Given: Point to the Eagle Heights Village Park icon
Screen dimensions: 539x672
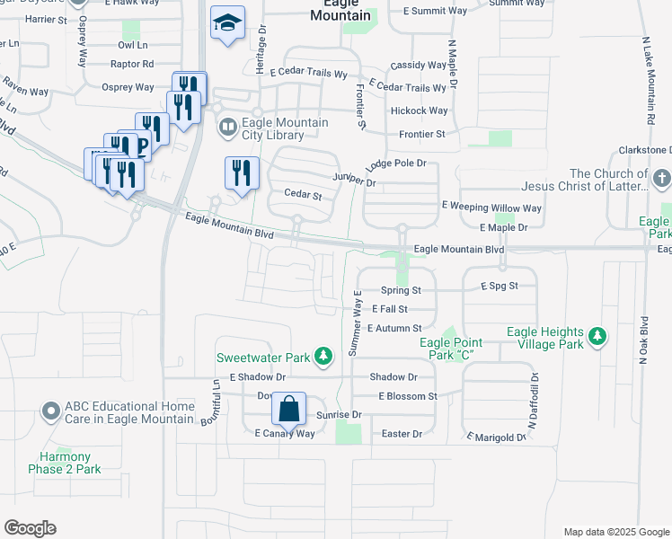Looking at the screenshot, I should (597, 337).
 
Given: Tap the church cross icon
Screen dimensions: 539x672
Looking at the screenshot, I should (662, 178).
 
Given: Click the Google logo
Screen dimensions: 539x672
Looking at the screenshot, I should (30, 528).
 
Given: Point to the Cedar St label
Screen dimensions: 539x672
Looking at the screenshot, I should (303, 195).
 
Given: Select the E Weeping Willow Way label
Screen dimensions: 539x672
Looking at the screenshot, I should (491, 208).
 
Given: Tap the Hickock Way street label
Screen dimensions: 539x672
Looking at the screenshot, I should (419, 111).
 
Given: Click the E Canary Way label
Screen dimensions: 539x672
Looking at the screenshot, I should (285, 434).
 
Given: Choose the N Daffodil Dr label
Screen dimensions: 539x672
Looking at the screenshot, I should (532, 401).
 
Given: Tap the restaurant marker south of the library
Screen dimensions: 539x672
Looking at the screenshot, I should (241, 172).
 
